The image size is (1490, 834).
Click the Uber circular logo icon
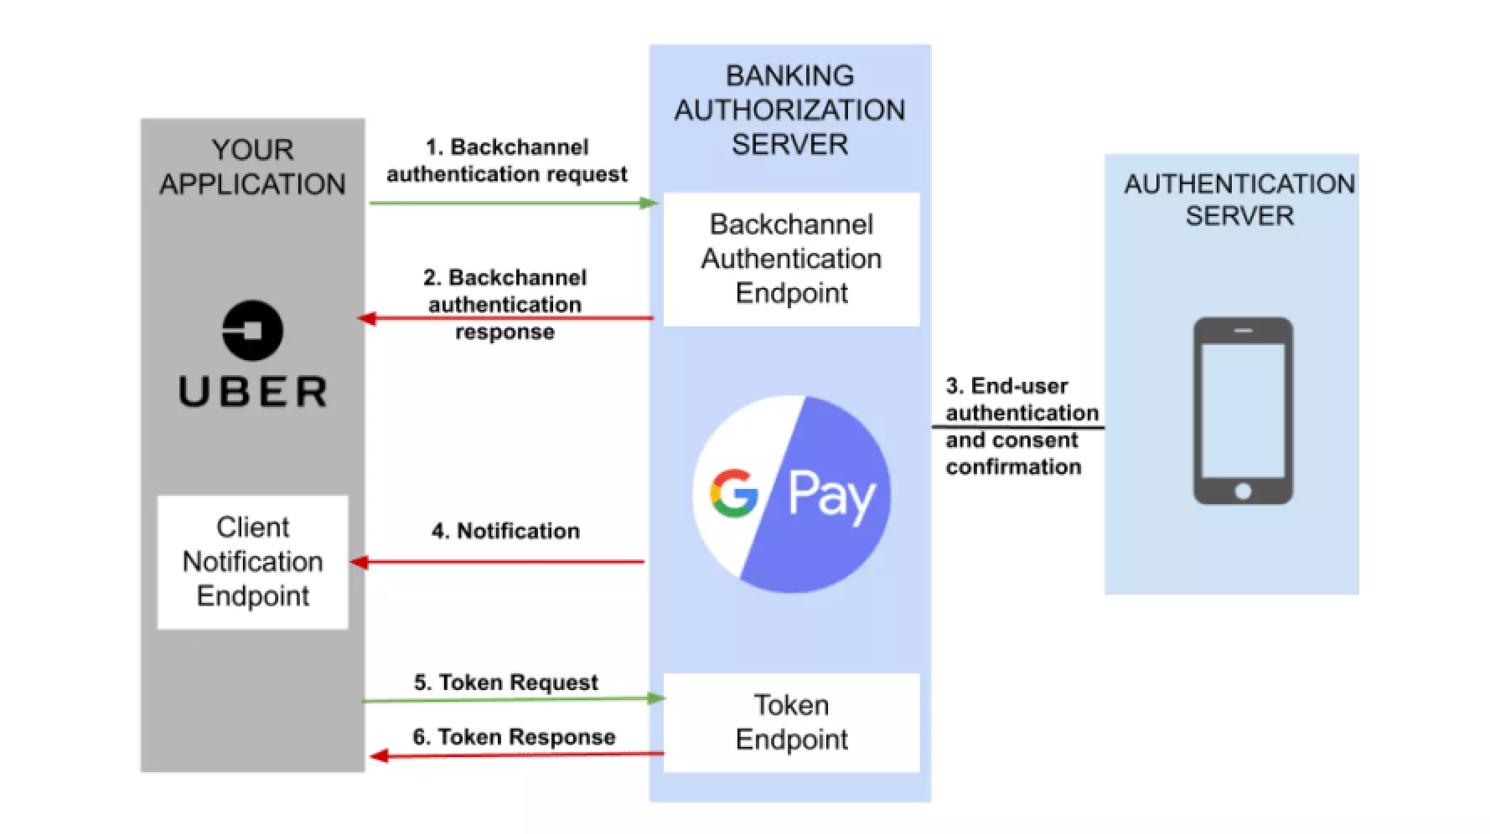tap(252, 330)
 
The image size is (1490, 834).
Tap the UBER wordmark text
tap(253, 392)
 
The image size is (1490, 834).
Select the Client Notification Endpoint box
tap(252, 562)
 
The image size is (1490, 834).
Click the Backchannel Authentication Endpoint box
tap(791, 259)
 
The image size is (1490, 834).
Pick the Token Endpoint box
tap(791, 722)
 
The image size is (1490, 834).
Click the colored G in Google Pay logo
tap(733, 493)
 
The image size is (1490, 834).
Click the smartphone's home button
tap(1243, 491)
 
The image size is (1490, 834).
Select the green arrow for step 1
tap(511, 203)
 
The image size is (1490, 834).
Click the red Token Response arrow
tap(515, 755)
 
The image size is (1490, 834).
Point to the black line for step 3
tap(1017, 427)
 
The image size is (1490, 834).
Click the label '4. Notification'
tap(505, 531)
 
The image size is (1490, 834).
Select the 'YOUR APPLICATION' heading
tap(252, 167)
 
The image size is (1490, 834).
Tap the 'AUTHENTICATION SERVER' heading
tap(1239, 199)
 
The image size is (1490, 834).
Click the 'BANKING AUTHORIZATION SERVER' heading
tap(789, 110)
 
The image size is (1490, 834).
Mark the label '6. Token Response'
tap(514, 737)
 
